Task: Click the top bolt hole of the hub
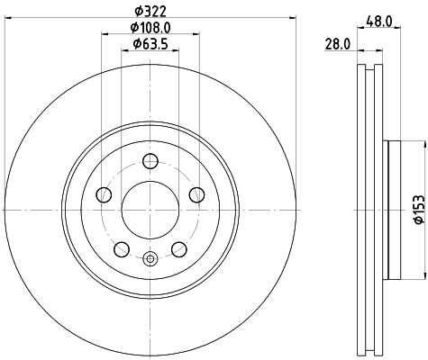coord(150,162)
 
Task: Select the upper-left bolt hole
coord(105,196)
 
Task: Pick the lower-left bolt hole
coord(122,249)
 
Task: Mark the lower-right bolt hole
coord(178,249)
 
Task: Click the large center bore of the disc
coord(150,211)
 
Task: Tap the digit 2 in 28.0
coord(328,42)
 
